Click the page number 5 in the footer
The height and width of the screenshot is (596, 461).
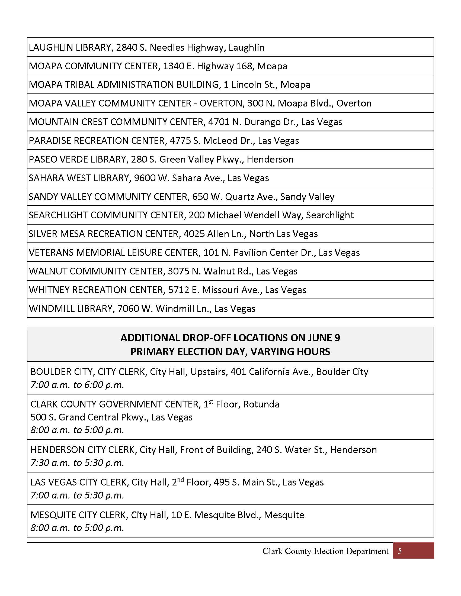click(399, 551)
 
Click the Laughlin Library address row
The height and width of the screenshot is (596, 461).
click(146, 47)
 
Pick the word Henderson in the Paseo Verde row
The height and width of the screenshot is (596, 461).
click(270, 159)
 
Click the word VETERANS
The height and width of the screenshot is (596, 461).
click(51, 252)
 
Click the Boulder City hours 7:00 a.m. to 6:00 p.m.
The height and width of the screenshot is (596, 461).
click(77, 385)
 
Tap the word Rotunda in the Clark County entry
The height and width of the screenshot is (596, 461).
click(261, 404)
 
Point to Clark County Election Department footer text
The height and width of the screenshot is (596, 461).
click(325, 551)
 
